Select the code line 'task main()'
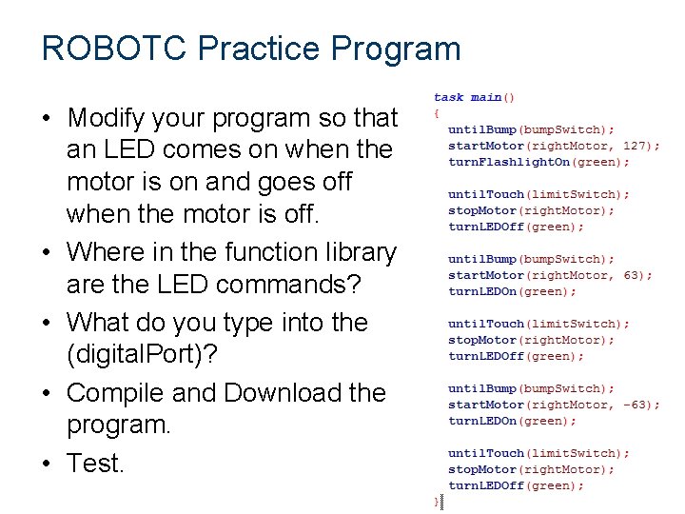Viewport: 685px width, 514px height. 475,97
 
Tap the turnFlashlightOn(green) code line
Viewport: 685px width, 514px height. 538,162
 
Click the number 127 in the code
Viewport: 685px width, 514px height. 635,146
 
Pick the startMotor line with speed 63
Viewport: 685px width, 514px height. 550,275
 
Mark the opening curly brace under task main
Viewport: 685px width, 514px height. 437,112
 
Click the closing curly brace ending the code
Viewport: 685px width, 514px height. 437,501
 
